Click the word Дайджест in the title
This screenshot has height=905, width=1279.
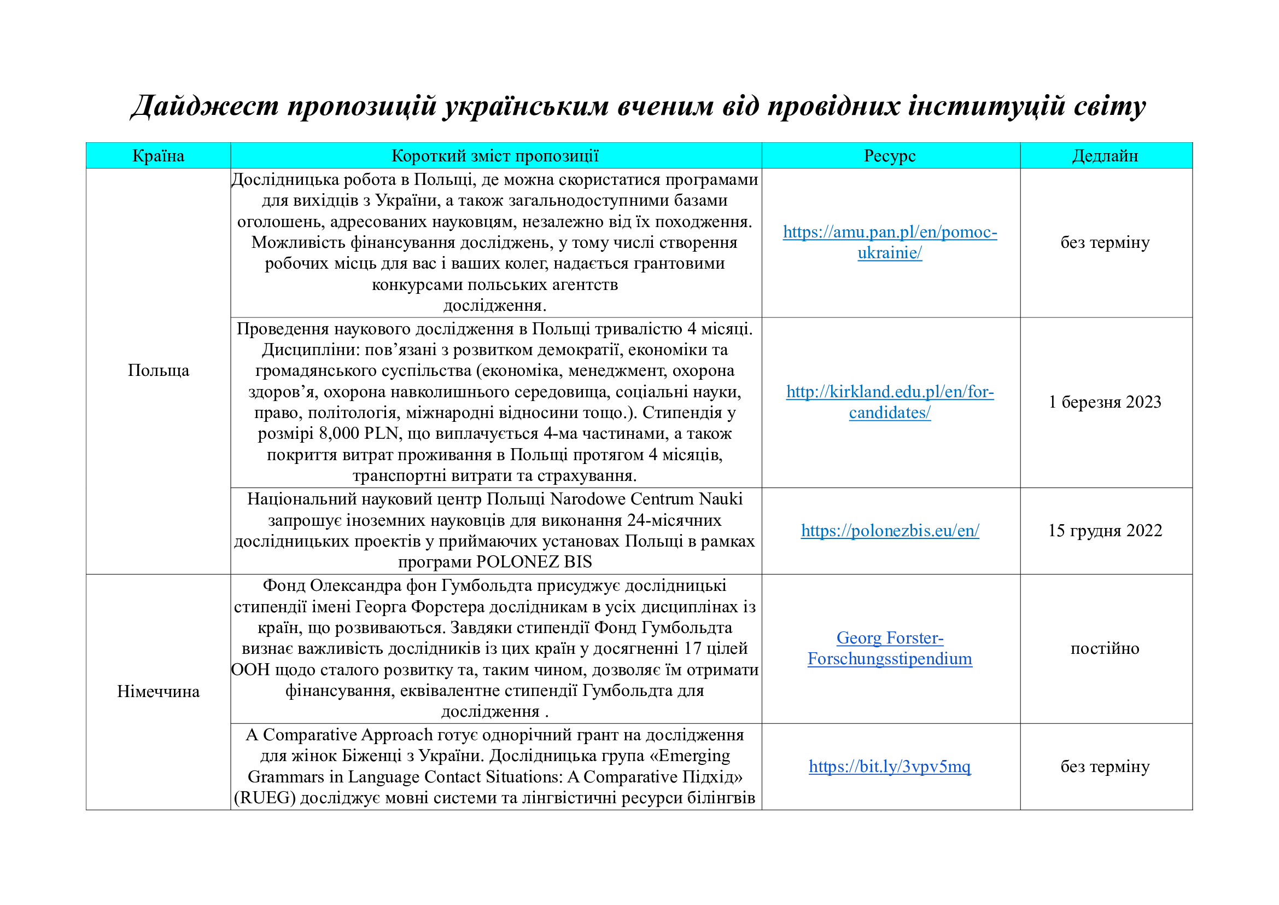coord(205,106)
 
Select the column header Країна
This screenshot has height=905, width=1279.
coord(158,156)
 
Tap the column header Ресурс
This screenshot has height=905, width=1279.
coord(890,156)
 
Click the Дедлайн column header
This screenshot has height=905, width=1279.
coord(1105,156)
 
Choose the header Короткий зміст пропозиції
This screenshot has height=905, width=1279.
coord(495,156)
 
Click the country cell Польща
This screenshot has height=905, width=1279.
coord(158,370)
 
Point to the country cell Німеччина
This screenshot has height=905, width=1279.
coord(158,692)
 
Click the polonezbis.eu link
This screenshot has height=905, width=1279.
coord(890,531)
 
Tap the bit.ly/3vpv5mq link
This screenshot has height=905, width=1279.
coord(890,767)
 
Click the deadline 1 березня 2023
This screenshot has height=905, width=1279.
coord(1105,402)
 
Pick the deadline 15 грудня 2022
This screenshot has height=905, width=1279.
coord(1105,531)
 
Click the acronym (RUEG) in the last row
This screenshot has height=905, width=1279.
coord(265,798)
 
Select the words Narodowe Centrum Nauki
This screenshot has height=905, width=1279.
coord(646,499)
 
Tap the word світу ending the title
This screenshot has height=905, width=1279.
coord(1108,106)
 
